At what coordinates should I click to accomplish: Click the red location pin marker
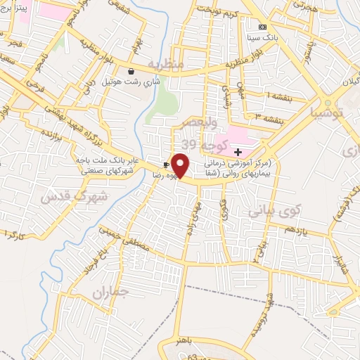point(181,166)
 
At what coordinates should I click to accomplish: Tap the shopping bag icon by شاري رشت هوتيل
point(131,71)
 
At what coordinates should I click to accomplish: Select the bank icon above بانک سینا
point(262,27)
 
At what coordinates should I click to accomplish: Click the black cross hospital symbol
point(238,152)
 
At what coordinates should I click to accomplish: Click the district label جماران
point(111,290)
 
